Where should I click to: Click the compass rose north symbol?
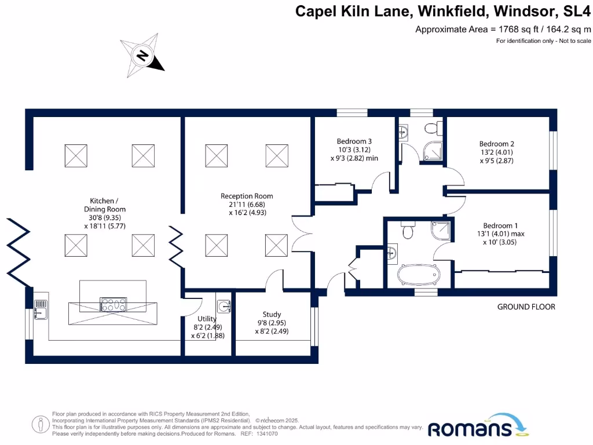(141, 56)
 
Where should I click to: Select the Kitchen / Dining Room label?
(105, 205)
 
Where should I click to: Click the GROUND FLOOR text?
(526, 307)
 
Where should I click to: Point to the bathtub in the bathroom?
(419, 275)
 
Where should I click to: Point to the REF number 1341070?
(266, 434)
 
